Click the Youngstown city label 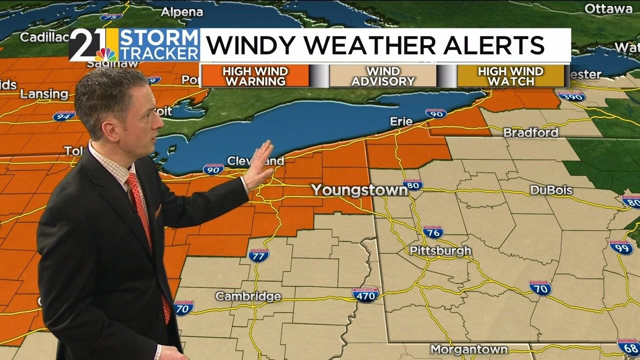359,190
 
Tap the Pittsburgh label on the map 440,250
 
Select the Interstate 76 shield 433,232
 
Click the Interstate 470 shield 365,294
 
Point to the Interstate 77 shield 258,255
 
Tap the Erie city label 401,121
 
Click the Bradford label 530,132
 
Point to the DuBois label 551,190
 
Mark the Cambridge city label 248,296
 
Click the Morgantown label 469,349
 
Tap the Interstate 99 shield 621,247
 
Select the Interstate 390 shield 571,96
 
